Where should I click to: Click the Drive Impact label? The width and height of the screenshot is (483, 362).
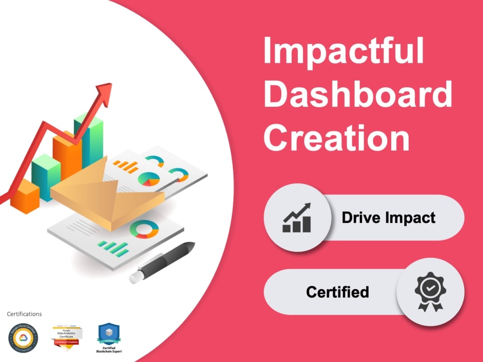(x=388, y=218)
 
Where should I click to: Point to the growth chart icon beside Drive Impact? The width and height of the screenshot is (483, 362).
(x=297, y=218)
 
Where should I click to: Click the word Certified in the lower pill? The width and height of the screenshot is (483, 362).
(x=337, y=292)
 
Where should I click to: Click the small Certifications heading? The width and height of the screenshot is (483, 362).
(x=24, y=314)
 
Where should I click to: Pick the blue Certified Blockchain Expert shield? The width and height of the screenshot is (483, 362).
(x=109, y=334)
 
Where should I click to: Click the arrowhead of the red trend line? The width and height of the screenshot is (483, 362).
(x=104, y=90)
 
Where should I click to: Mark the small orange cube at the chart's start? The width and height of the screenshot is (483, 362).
(x=24, y=196)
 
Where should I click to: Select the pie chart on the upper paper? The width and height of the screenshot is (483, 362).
(x=149, y=179)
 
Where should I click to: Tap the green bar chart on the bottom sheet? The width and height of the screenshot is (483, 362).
(x=113, y=248)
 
